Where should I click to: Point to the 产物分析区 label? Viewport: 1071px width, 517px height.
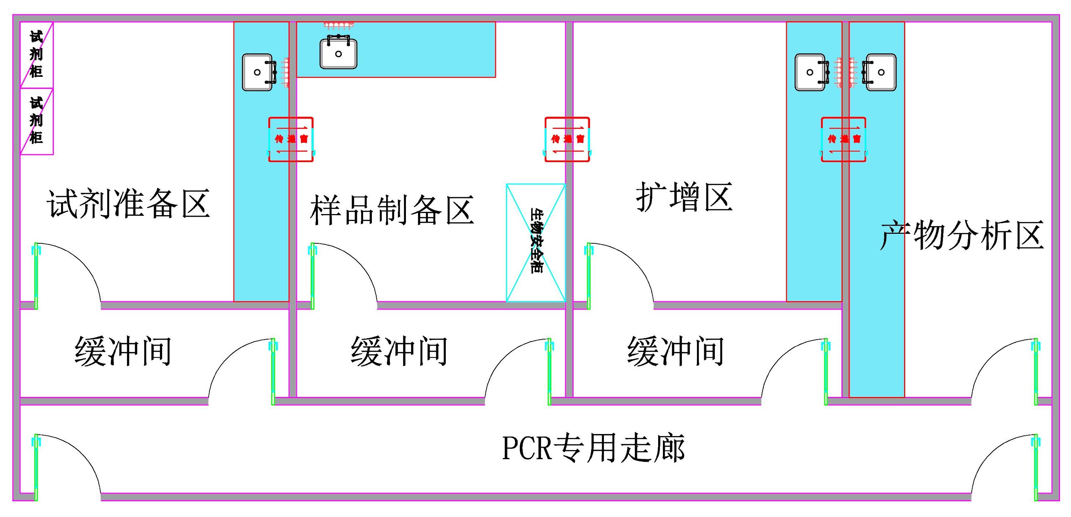pos(962,235)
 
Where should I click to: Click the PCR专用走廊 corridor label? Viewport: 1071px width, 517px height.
pos(593,447)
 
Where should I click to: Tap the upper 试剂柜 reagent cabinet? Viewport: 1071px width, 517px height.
pos(37,55)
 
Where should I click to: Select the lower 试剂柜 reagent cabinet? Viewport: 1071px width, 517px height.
pos(37,121)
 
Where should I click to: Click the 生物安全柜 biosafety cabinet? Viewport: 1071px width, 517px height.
pos(535,242)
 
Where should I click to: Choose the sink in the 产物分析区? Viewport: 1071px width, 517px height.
pos(880,72)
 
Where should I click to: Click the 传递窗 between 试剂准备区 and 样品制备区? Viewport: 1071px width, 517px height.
pos(291,139)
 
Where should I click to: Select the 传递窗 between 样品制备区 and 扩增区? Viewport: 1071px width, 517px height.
pos(567,139)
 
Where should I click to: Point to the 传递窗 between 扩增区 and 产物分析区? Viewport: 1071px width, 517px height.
pos(844,139)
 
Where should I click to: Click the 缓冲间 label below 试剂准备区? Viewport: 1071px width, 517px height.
pos(123,351)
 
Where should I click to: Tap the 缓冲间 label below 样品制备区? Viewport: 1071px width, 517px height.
pos(399,351)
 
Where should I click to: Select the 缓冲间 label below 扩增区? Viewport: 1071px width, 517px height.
pos(676,351)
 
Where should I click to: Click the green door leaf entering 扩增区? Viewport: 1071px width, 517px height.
pos(589,276)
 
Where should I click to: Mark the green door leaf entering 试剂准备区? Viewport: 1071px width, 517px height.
pos(36,276)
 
